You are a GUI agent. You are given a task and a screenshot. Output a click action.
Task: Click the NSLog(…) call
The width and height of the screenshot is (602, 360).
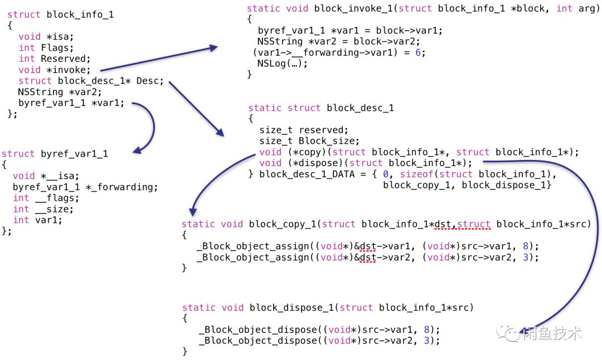coord(283,64)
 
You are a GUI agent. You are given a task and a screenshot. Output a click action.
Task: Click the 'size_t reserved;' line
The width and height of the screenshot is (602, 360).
coord(304,130)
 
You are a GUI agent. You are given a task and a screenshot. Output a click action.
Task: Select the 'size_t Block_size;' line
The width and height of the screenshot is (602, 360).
coord(309,141)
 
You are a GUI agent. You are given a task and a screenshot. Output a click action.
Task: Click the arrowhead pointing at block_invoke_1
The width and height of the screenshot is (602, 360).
coord(212,49)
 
